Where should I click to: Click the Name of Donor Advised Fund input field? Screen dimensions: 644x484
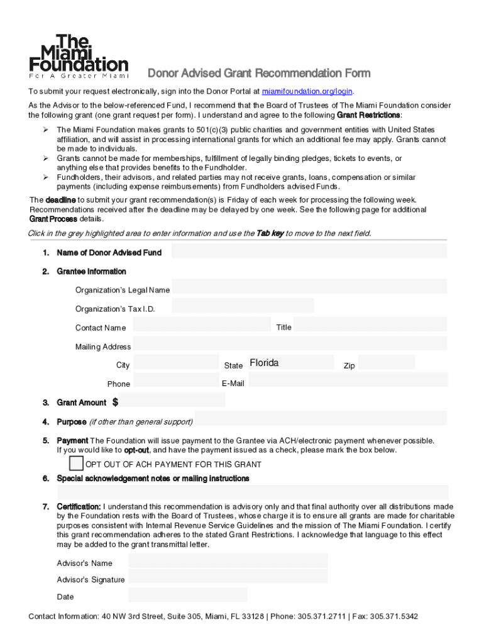(309, 252)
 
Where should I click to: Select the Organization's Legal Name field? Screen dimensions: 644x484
(309, 287)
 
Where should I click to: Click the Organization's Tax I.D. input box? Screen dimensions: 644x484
(243, 306)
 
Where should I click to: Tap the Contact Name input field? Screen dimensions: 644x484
(202, 325)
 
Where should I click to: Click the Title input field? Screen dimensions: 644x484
(370, 325)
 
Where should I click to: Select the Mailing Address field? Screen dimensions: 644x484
(290, 344)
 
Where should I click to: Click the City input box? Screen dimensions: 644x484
(176, 363)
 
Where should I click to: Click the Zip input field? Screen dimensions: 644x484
(387, 363)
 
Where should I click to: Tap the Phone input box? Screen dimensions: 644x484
(176, 381)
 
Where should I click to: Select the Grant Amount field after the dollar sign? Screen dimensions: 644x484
(172, 400)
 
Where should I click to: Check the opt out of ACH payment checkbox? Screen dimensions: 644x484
(76, 464)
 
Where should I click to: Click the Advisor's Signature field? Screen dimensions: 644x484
(228, 577)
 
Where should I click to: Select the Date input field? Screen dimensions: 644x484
(188, 595)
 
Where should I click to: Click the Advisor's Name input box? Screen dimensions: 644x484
(228, 560)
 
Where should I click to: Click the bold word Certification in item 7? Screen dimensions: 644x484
(79, 506)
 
